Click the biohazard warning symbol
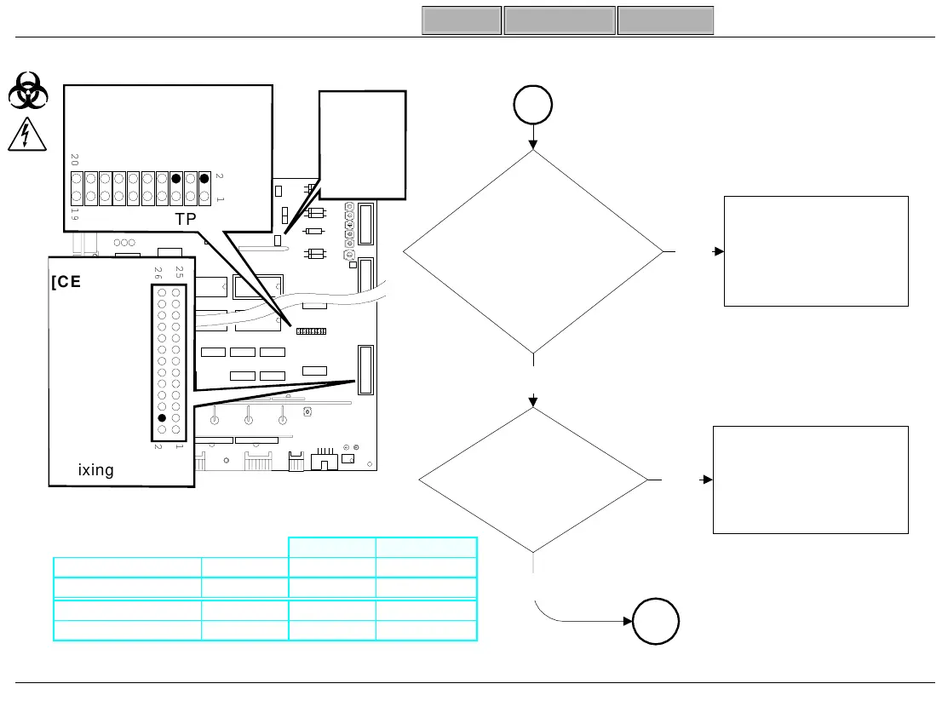[x=28, y=91]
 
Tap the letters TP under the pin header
[x=187, y=218]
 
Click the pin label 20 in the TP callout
[x=75, y=160]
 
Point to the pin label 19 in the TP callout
[x=75, y=214]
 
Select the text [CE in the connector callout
[x=66, y=283]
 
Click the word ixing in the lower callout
[x=95, y=470]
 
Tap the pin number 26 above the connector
[x=158, y=273]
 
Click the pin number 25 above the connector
[x=178, y=273]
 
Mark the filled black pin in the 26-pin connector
[x=162, y=418]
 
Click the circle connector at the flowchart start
[x=533, y=106]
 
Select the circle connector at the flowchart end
[x=655, y=624]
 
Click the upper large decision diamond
[x=533, y=252]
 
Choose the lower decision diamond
[x=533, y=480]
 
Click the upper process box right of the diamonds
[x=815, y=251]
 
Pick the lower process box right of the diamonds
[x=809, y=480]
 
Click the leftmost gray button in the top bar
[x=462, y=20]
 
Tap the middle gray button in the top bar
[x=560, y=20]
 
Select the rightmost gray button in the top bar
[x=665, y=20]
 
